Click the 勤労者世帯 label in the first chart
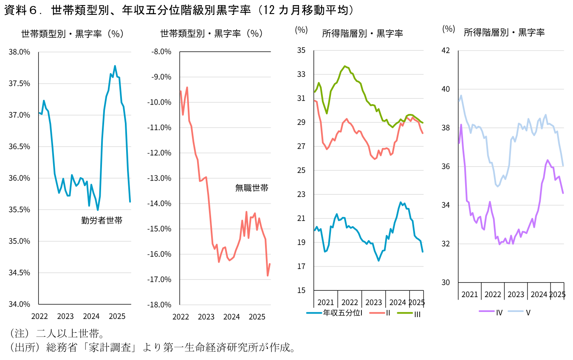(x=102, y=221)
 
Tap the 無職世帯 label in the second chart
(x=252, y=188)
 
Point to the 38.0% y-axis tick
(x=20, y=52)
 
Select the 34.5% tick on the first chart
(x=20, y=272)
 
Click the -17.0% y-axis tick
(x=159, y=279)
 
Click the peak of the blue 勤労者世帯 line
(x=115, y=66)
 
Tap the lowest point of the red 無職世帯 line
(x=268, y=276)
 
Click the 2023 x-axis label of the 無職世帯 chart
(x=206, y=317)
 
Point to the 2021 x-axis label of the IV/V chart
(x=469, y=295)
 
